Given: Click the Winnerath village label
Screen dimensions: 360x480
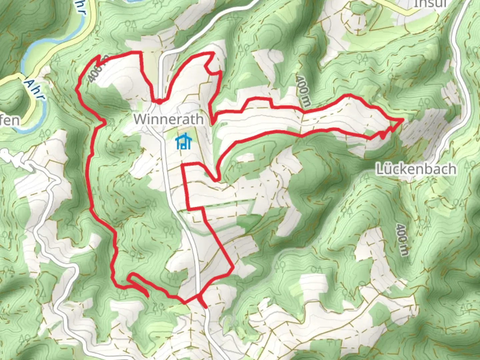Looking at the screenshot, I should (x=169, y=119).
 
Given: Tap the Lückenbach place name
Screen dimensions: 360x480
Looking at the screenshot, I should (x=416, y=169).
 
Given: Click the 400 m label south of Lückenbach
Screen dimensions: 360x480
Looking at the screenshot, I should (x=402, y=240).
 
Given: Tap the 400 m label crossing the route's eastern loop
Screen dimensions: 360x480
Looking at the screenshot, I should (x=303, y=91).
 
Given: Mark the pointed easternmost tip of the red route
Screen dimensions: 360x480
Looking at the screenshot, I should (x=403, y=119).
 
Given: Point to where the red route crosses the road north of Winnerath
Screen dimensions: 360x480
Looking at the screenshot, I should (x=160, y=101).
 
